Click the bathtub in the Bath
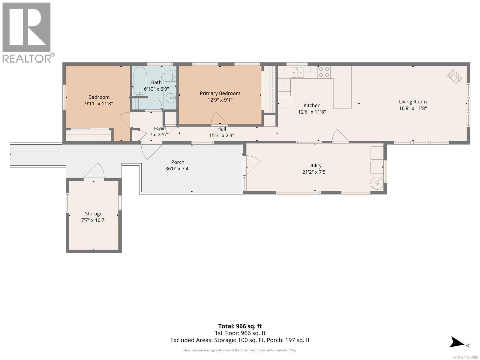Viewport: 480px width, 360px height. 140,81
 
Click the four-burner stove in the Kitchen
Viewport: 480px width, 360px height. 324,72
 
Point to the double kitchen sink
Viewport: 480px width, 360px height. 297,72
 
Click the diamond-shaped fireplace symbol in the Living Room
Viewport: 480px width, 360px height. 454,76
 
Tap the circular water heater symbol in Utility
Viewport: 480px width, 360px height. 377,183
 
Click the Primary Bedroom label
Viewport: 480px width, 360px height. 220,93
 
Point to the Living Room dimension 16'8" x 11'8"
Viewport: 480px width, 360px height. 412,108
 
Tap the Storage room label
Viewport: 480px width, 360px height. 94,214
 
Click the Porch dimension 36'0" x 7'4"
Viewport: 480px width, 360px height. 178,169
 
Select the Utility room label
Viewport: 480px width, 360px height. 315,166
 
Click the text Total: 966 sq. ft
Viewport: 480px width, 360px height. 240,326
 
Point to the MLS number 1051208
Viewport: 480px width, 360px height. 465,358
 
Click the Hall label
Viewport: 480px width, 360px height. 221,129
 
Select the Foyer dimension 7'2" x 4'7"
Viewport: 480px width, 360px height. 159,134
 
